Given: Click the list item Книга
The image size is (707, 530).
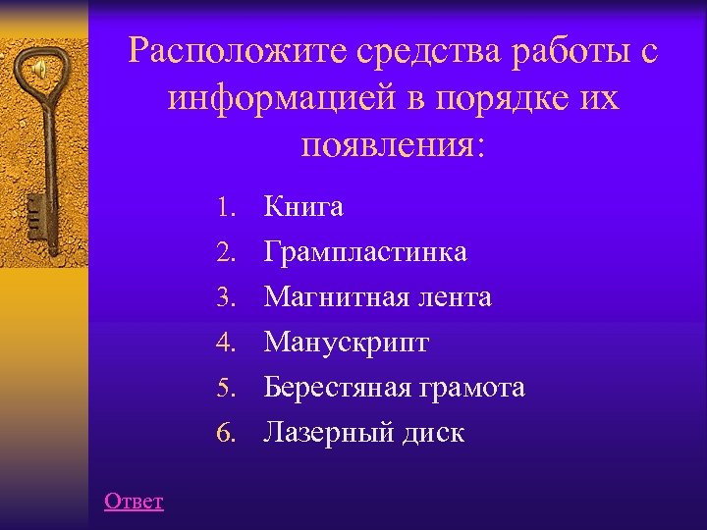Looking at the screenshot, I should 303,208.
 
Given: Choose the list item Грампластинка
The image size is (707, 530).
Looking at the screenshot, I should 365,253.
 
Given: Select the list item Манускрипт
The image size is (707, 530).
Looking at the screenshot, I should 347,343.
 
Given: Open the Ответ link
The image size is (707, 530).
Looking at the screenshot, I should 134,502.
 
